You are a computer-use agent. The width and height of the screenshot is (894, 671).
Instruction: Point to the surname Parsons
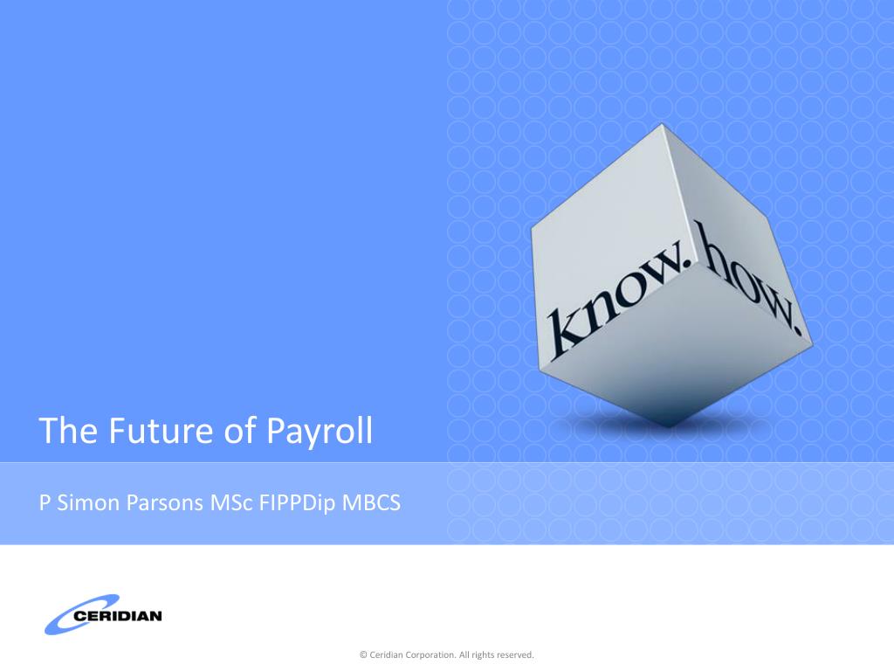(164, 502)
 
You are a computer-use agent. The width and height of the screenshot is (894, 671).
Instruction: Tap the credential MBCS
(371, 502)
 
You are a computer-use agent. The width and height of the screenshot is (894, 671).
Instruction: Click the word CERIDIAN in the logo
(118, 616)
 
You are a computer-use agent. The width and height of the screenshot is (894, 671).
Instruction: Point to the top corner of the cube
(663, 124)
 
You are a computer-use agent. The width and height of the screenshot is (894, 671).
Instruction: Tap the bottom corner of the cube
(670, 426)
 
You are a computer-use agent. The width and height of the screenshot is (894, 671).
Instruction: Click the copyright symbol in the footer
(363, 655)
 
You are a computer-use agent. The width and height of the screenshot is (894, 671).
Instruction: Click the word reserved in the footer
(515, 655)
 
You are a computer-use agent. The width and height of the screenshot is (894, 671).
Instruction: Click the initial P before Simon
(45, 502)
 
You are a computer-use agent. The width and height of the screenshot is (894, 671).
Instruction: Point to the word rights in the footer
(482, 655)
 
